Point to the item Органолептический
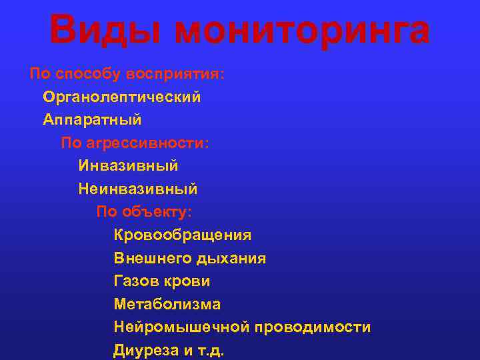[122, 97]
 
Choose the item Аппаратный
[92, 120]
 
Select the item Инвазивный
[128, 165]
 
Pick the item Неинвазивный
[137, 189]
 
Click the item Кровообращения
[183, 235]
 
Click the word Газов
[135, 281]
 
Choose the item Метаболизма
[167, 305]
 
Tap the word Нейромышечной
[181, 327]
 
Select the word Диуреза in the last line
[141, 351]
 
